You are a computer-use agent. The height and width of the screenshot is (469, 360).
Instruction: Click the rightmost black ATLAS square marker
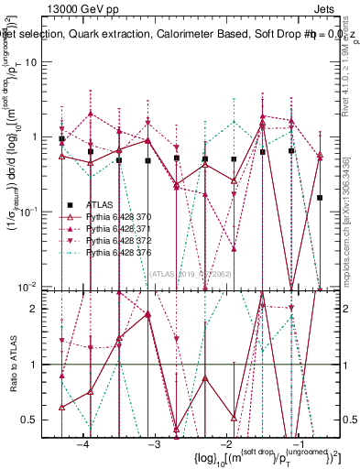coord(320,197)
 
